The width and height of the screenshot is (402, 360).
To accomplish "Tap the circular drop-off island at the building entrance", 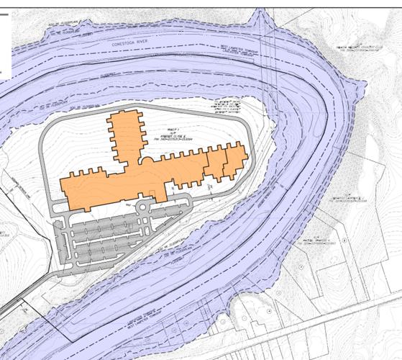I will (x=142, y=208).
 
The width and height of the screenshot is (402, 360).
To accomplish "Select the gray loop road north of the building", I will (x=180, y=109).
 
